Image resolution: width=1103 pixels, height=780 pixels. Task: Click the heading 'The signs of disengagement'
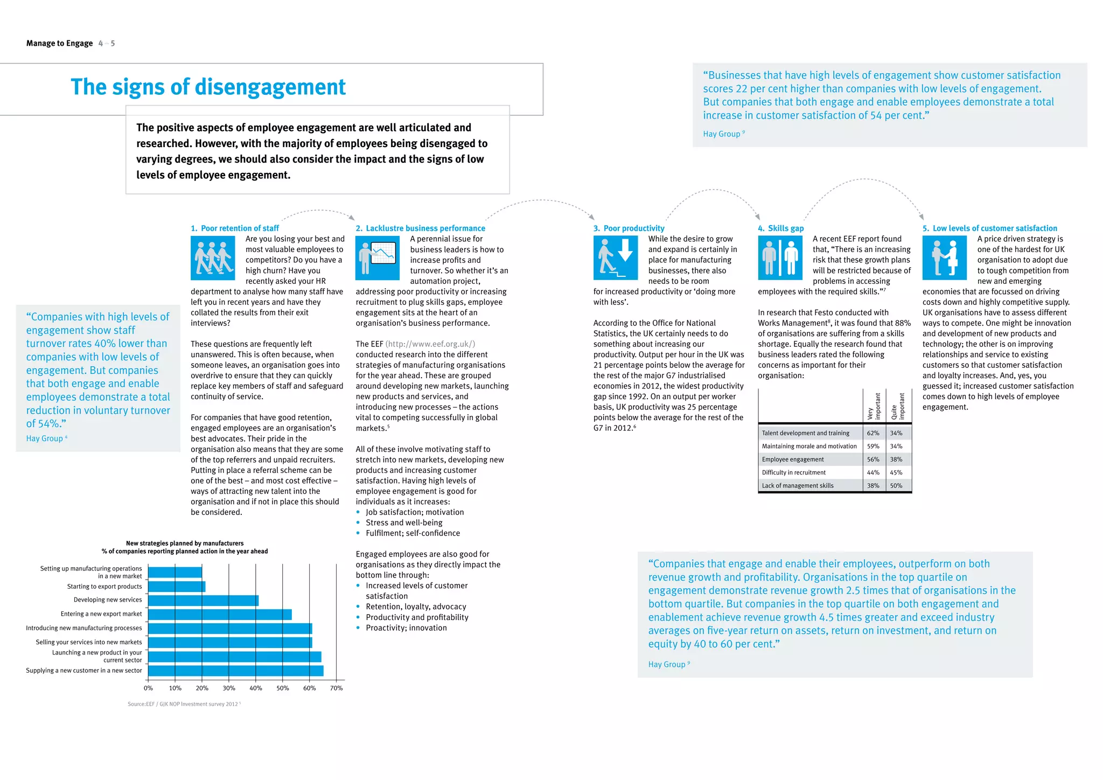(208, 87)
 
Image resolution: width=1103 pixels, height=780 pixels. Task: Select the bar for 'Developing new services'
(203, 600)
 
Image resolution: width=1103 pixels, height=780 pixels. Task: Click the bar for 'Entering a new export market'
(220, 615)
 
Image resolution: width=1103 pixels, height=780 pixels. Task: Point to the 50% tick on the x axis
(282, 688)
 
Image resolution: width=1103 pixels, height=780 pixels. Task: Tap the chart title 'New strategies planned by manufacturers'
(185, 543)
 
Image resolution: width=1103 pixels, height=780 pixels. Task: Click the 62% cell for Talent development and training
(872, 433)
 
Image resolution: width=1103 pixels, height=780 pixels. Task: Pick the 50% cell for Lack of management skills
(896, 486)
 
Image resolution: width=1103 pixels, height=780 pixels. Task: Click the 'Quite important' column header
(898, 407)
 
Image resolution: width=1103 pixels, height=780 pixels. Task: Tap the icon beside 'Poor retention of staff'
(213, 258)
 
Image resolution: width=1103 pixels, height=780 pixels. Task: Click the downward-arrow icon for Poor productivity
(615, 258)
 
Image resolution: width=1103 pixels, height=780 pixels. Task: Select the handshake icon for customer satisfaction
(944, 258)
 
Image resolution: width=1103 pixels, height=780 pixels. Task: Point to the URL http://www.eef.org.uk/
(430, 344)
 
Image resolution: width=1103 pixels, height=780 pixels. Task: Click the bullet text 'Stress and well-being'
(404, 523)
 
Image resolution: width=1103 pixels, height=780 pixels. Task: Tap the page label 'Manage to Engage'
(59, 43)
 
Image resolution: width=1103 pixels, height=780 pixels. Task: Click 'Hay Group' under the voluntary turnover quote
(45, 438)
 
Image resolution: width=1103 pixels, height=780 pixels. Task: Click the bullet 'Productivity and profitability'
(417, 617)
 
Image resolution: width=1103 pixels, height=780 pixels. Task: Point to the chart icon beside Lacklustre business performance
(377, 258)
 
